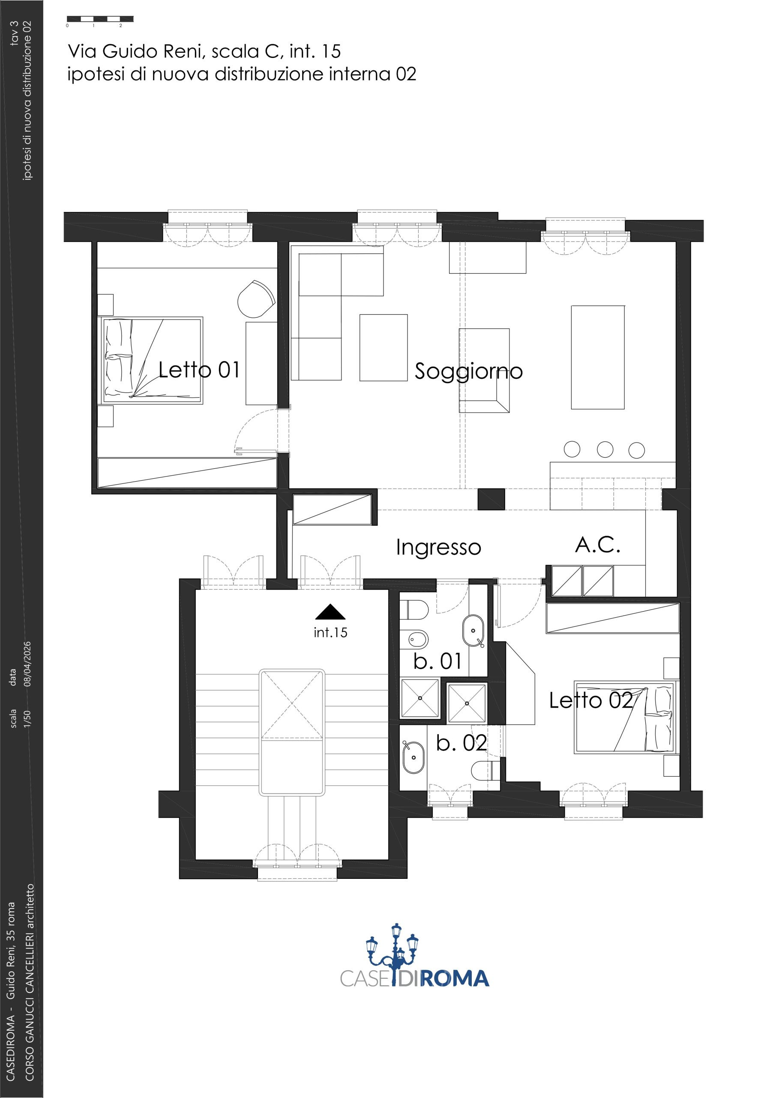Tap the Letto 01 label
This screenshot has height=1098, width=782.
tap(199, 370)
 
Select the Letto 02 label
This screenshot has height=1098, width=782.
tap(591, 700)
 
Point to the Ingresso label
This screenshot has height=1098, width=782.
tap(439, 548)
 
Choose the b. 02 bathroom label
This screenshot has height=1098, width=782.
tap(461, 743)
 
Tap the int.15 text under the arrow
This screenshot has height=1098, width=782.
tap(330, 632)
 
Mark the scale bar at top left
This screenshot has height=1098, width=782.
tap(100, 19)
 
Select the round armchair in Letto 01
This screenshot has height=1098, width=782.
tap(257, 299)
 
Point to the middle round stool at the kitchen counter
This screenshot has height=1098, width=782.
tap(605, 449)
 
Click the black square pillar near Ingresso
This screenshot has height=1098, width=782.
tap(491, 499)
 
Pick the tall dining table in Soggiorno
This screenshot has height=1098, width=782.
tap(598, 357)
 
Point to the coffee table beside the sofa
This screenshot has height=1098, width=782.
tap(384, 347)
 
